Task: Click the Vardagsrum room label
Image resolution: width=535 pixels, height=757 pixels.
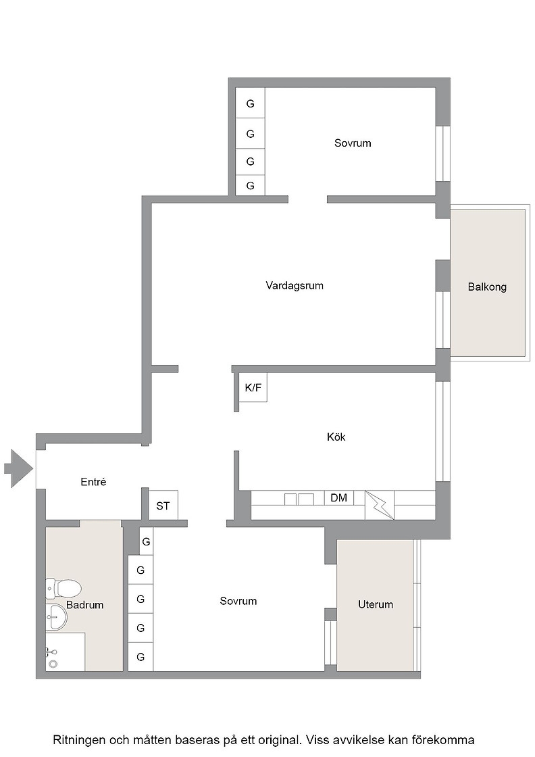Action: (x=295, y=285)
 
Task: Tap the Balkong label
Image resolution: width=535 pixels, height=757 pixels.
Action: (x=487, y=287)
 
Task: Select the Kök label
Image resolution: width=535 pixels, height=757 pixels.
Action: (x=336, y=437)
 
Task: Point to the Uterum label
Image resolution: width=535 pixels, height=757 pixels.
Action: (x=376, y=604)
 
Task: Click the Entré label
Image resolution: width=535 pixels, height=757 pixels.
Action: (x=93, y=481)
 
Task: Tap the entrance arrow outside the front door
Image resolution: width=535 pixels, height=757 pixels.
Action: (x=18, y=468)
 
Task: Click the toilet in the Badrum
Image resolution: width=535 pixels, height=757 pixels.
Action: (x=63, y=589)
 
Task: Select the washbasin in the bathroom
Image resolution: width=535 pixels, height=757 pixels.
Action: (x=56, y=616)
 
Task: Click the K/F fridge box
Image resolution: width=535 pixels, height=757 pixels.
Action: (x=253, y=387)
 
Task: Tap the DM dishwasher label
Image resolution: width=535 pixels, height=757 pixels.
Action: (x=338, y=497)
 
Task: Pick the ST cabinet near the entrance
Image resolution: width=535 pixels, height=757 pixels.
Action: (x=163, y=506)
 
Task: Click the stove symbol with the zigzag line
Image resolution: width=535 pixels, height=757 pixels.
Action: (x=380, y=505)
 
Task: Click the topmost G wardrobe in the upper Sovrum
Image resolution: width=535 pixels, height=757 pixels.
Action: (x=251, y=103)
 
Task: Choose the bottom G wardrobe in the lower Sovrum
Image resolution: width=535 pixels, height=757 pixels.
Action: (x=141, y=656)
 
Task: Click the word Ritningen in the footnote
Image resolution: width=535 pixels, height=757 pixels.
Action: (x=78, y=740)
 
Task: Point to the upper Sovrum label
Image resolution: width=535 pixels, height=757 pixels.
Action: (x=353, y=143)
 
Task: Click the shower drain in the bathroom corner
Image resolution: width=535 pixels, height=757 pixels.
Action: (x=53, y=664)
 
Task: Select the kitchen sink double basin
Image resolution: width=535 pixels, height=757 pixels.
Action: (x=299, y=499)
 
